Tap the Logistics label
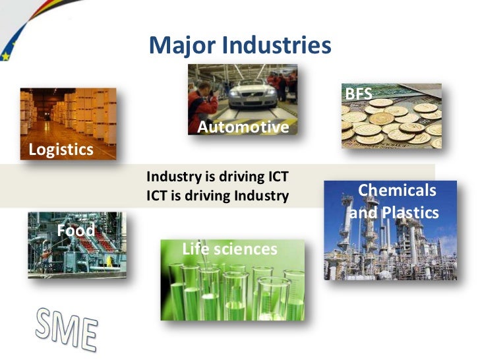61,150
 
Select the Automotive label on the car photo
243,127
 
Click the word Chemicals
396,191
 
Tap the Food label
76,230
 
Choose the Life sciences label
229,249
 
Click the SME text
66,328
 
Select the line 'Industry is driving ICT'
218,177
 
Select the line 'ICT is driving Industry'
218,196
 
